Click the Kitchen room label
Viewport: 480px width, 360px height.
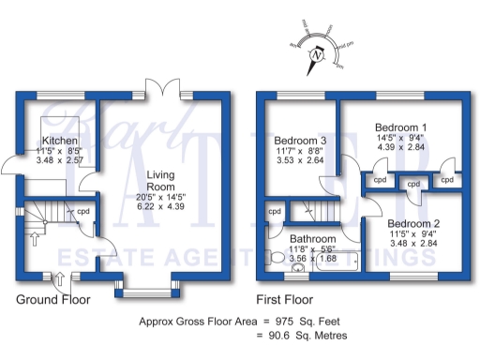tap(53, 140)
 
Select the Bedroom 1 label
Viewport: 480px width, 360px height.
tap(400, 127)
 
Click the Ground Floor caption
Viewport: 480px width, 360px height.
tap(53, 300)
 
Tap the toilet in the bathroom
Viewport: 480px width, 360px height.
tap(277, 257)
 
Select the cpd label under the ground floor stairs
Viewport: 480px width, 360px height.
tap(83, 211)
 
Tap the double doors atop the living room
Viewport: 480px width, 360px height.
tap(170, 87)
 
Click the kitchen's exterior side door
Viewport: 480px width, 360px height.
tap(13, 168)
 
